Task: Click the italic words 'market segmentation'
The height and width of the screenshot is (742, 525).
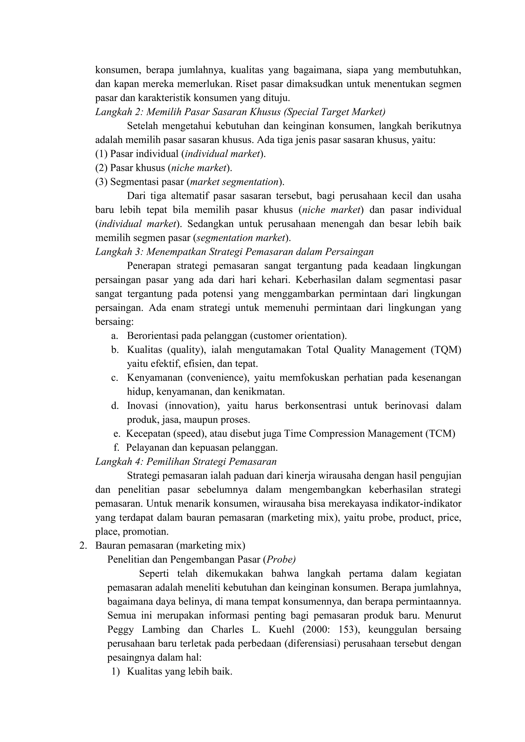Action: tap(234, 182)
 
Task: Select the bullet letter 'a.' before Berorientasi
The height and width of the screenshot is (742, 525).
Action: tap(114, 336)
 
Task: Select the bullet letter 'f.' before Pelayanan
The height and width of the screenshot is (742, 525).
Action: tap(116, 448)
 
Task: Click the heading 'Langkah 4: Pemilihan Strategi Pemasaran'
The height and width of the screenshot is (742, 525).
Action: tap(186, 462)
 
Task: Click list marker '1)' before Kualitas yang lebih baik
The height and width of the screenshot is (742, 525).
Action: tap(115, 672)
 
